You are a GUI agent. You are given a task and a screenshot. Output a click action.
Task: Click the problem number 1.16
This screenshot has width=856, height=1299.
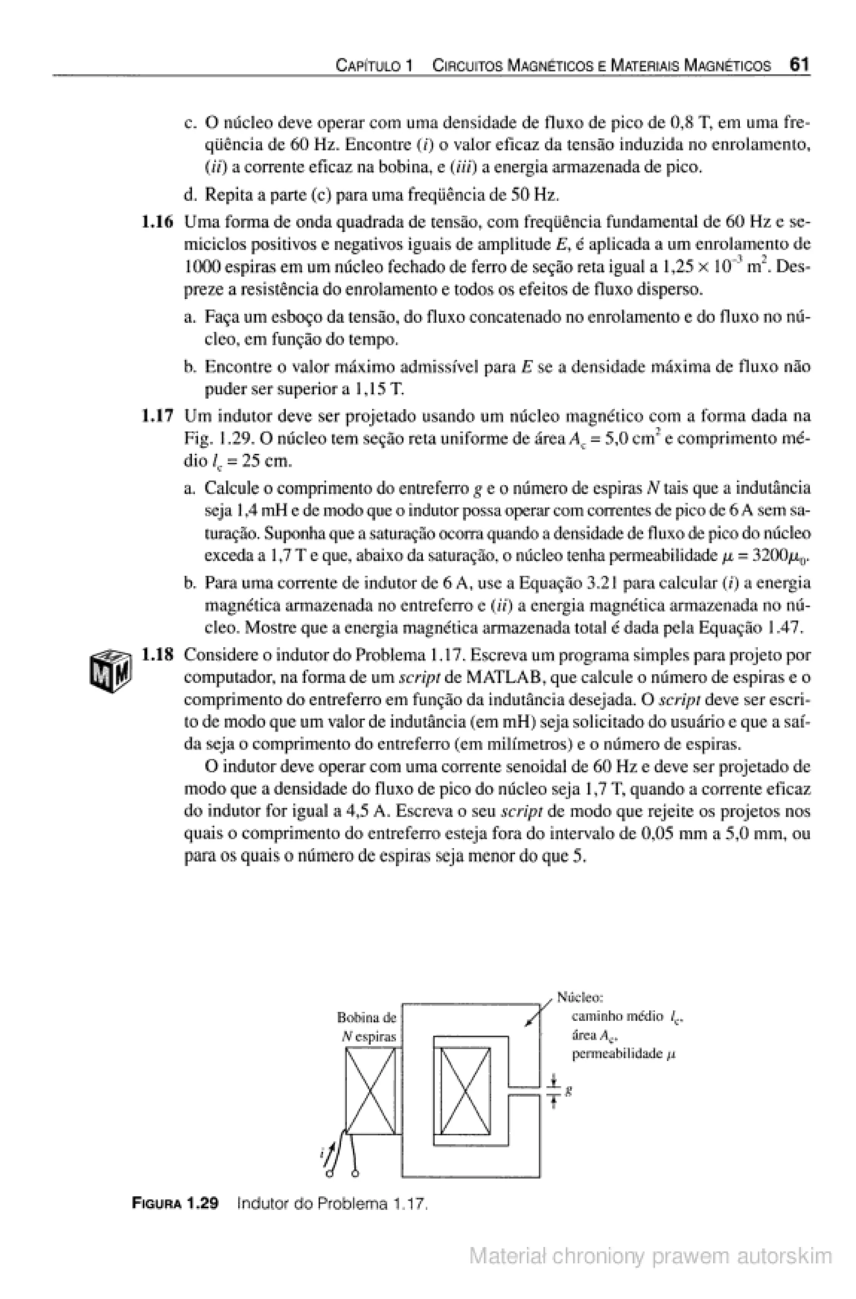[157, 222]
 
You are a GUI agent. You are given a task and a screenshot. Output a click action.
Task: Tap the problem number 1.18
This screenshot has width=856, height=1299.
[157, 654]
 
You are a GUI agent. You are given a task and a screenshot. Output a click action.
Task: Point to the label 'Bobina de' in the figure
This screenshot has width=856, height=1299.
[366, 1017]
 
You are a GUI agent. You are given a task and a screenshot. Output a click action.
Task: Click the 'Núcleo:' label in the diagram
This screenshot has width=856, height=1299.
[579, 997]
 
